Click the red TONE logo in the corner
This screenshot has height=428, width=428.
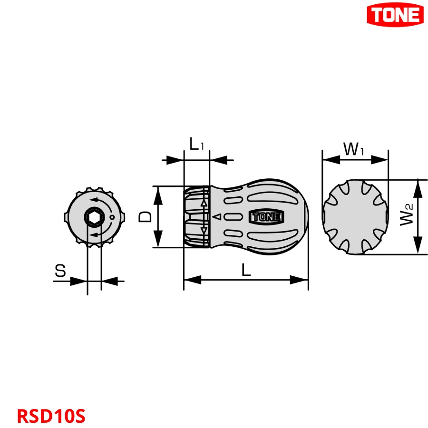point(395,15)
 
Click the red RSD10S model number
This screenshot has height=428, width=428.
point(51,415)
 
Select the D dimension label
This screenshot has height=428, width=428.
point(145,217)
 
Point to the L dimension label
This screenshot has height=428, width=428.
point(245,270)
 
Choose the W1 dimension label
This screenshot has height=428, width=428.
point(354,149)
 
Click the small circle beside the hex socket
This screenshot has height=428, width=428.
point(111,218)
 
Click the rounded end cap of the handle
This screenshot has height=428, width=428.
point(297,217)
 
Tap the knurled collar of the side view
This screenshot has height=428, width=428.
point(196,217)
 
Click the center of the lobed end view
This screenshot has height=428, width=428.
point(355,217)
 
